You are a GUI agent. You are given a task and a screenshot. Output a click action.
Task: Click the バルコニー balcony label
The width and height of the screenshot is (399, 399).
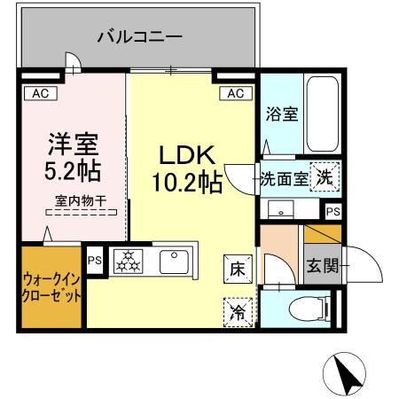pos(139,37)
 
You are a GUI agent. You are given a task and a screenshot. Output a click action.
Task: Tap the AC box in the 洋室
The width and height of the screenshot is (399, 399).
pos(40,92)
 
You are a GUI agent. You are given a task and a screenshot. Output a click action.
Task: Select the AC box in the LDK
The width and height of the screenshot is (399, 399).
pos(235,92)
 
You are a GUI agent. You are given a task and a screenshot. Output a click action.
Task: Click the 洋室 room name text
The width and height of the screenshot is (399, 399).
pos(73,143)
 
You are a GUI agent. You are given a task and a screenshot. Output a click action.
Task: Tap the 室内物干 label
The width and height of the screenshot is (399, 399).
pos(80,201)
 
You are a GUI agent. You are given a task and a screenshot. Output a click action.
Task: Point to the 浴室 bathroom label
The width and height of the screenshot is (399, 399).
pos(280,114)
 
